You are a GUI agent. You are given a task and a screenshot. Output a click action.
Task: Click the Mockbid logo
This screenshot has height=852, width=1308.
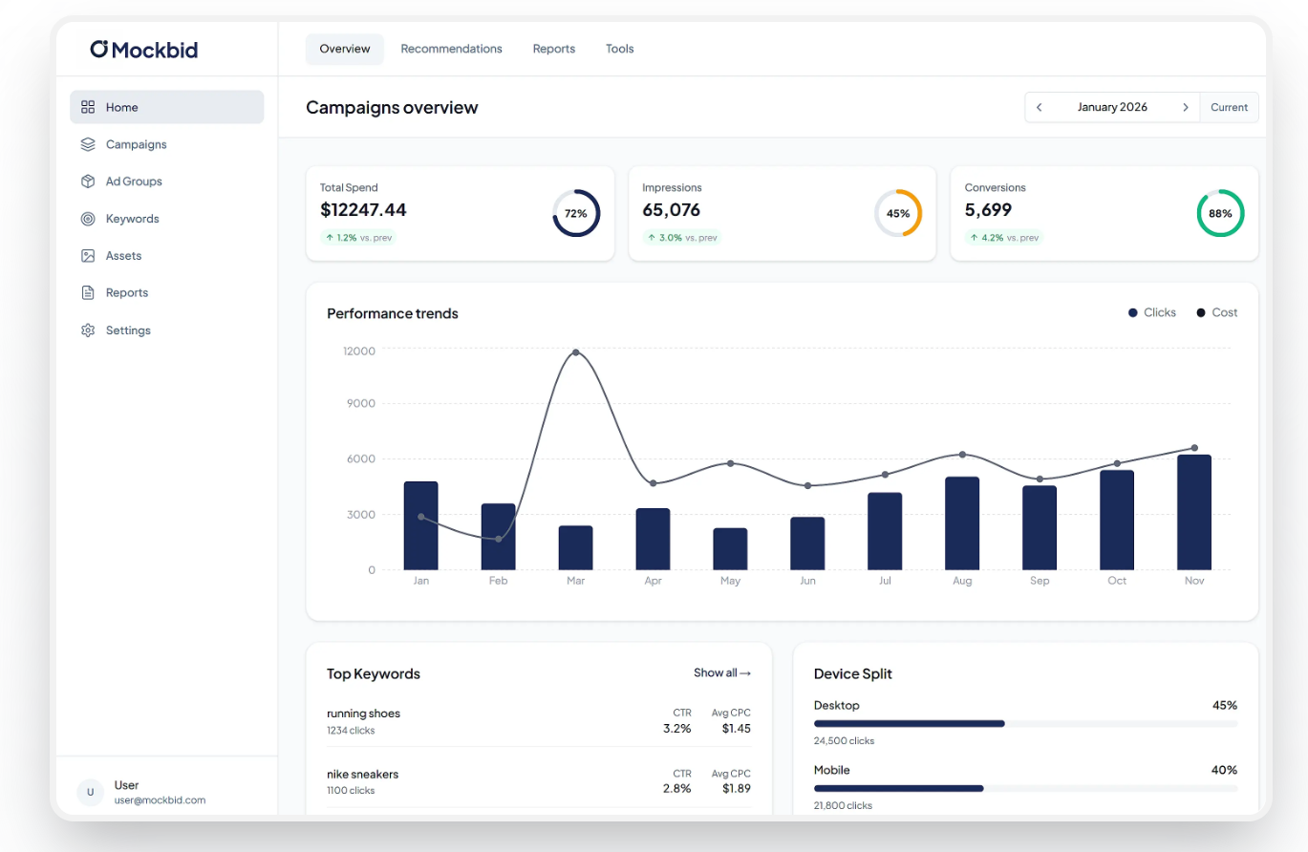point(143,50)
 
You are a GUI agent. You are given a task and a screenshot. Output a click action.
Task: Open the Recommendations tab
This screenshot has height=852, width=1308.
point(451,49)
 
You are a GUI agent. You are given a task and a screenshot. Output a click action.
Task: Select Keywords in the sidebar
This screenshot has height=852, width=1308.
point(132,219)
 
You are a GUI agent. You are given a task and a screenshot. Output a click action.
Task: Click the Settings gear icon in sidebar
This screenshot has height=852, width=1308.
point(88,330)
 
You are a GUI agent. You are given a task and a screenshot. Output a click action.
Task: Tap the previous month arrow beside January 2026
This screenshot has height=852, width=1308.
point(1040,108)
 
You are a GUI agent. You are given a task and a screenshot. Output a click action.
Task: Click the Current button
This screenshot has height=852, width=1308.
point(1229,108)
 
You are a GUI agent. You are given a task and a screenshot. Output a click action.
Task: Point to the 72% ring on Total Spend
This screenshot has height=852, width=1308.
point(575,214)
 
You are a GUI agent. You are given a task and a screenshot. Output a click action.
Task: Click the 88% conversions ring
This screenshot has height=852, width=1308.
point(1220,214)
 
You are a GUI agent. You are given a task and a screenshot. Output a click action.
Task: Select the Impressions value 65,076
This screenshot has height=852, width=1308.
point(671,210)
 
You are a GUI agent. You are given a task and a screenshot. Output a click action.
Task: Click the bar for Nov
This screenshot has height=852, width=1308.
point(1193,513)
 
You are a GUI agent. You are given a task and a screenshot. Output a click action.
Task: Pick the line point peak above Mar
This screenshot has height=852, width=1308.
point(575,352)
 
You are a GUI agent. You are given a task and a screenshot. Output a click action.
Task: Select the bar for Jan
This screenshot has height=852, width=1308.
point(420,526)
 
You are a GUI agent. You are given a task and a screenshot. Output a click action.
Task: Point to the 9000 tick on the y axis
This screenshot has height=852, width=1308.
point(359,404)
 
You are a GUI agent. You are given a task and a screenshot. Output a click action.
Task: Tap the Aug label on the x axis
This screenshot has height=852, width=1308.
point(962,581)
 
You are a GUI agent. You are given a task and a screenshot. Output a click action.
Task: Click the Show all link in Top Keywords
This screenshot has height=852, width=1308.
point(721,673)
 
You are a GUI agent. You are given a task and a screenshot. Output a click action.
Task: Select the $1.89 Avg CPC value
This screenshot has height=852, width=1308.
point(736,789)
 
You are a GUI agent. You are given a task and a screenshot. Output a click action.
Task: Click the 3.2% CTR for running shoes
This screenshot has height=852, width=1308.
point(676,728)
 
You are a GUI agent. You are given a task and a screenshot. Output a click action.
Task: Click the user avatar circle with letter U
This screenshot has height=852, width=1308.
point(90,793)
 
